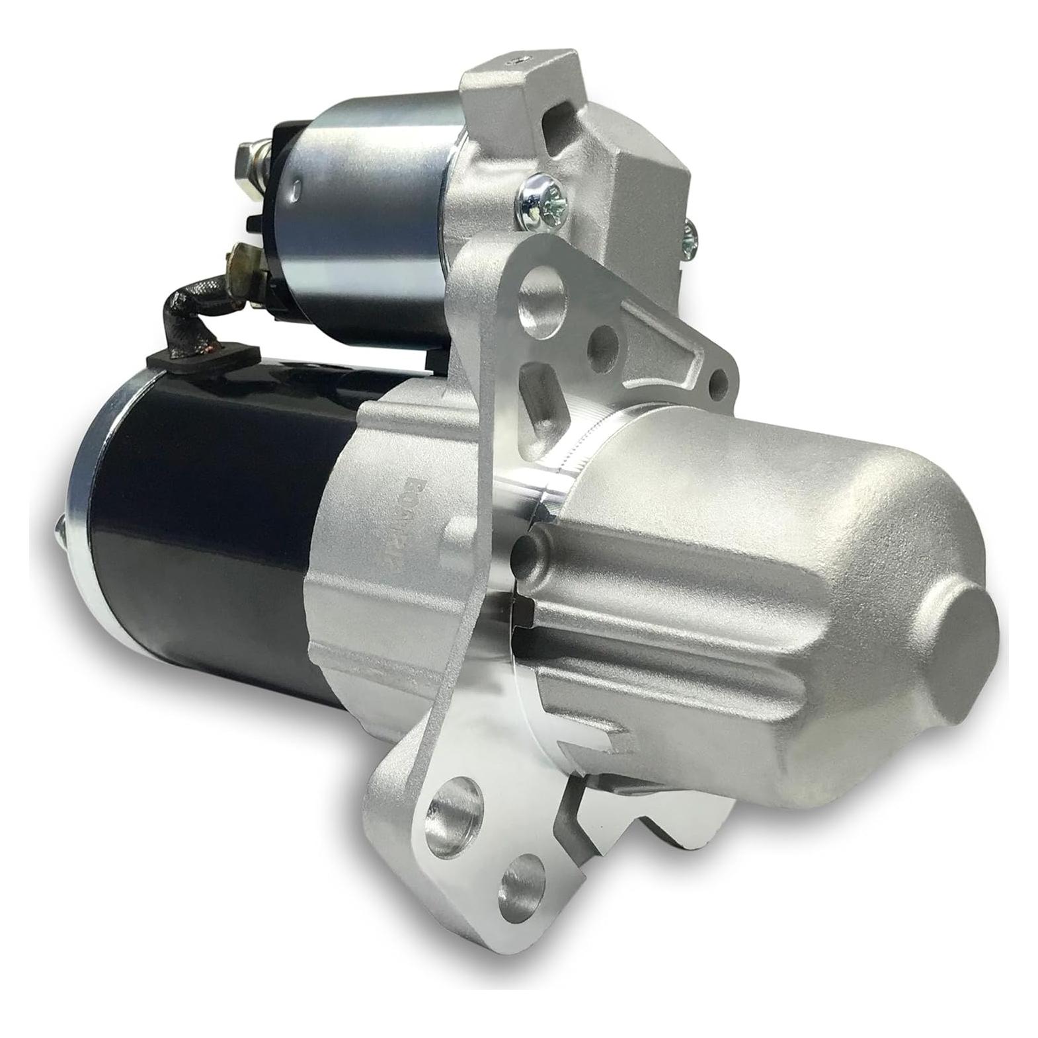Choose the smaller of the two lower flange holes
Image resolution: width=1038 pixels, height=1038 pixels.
pos(521,877)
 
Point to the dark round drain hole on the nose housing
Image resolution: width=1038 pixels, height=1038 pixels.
pos(526,547)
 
